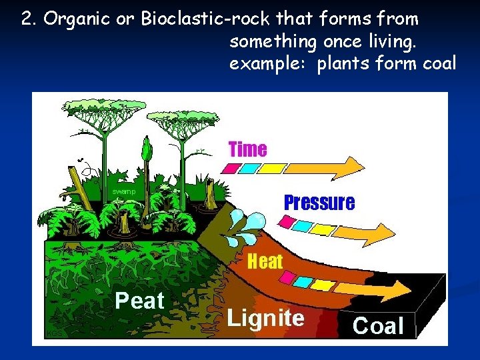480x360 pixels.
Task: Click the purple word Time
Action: tap(247, 149)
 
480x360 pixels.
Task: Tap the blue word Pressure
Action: tap(319, 203)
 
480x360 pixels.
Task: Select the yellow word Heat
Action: tap(265, 261)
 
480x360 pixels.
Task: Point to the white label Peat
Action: tap(139, 301)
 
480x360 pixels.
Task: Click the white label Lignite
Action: tap(265, 318)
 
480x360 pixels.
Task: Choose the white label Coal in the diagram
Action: tap(378, 326)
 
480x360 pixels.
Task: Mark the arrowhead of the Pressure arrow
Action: tap(383, 233)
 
